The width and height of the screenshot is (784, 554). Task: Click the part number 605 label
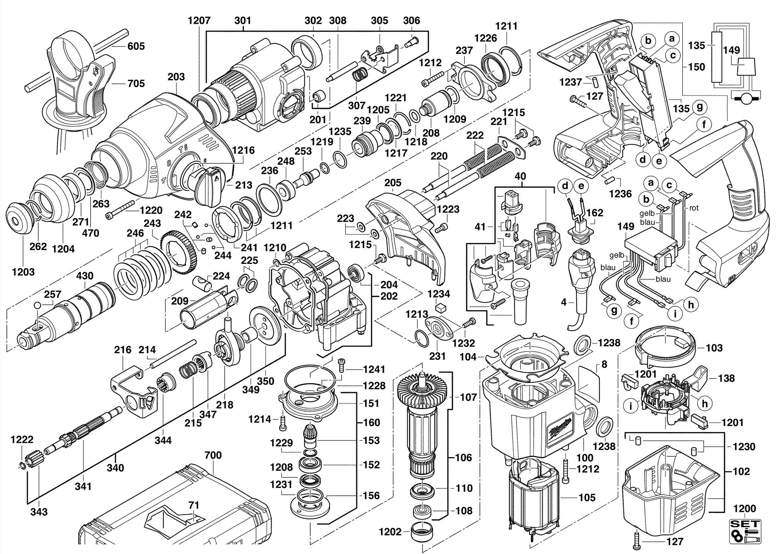coord(136,46)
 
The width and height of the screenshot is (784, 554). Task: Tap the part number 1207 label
coord(199,20)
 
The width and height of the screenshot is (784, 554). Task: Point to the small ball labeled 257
coord(38,305)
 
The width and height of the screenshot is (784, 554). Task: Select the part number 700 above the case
coord(213,455)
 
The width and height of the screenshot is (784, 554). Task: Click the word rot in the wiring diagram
coord(694,208)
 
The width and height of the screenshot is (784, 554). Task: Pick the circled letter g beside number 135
coord(699,107)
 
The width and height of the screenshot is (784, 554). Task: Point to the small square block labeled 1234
coord(441,308)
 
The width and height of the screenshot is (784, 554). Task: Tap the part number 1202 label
coord(390,531)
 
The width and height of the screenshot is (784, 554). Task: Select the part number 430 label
coord(84,275)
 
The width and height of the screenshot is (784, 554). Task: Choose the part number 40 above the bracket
coord(520,176)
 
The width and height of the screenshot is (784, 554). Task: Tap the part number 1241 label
coord(374,369)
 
